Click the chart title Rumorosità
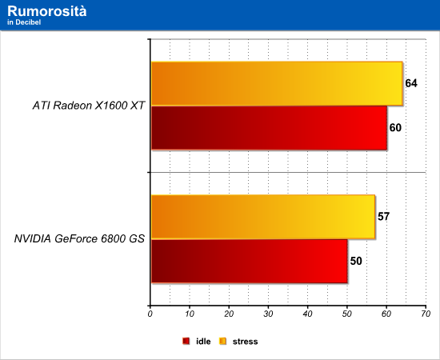coord(47,11)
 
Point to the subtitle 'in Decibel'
coord(24,22)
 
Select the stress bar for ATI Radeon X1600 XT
coord(277,84)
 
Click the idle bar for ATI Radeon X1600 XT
coord(269,128)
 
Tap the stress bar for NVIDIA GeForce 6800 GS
coord(263,217)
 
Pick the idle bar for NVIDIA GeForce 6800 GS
coord(250,262)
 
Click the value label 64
coord(411,83)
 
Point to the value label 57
coord(383,217)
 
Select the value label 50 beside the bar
coord(356,261)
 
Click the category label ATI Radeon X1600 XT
coord(89,106)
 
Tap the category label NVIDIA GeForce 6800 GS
coord(79,238)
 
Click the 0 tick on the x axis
coord(150,314)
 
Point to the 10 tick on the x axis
coord(190,314)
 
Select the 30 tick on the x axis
coord(268,314)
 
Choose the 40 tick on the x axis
coord(307,314)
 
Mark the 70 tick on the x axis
coord(426,314)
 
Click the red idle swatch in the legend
coord(186,342)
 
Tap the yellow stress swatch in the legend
coord(223,342)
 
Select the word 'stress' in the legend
coord(245,342)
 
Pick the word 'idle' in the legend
coord(203,342)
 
